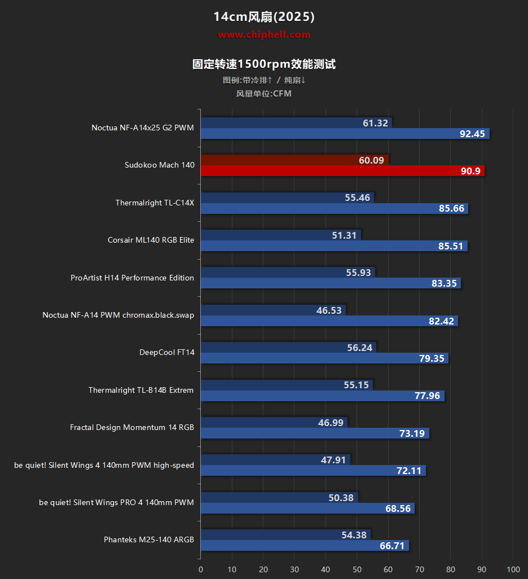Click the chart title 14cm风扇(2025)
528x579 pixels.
(x=264, y=17)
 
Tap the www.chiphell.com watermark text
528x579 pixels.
(x=264, y=35)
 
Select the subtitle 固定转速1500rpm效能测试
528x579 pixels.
(x=264, y=64)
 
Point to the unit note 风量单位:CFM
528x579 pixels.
(x=264, y=94)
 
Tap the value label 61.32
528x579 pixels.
(x=376, y=123)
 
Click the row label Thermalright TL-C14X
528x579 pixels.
(x=155, y=203)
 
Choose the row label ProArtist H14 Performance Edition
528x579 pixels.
(x=132, y=278)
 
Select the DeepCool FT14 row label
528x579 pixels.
(x=167, y=353)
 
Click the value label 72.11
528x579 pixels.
(x=409, y=471)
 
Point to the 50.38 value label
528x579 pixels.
(x=341, y=498)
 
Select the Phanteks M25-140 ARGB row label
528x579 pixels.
(x=149, y=540)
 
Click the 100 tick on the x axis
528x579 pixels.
(x=513, y=569)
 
